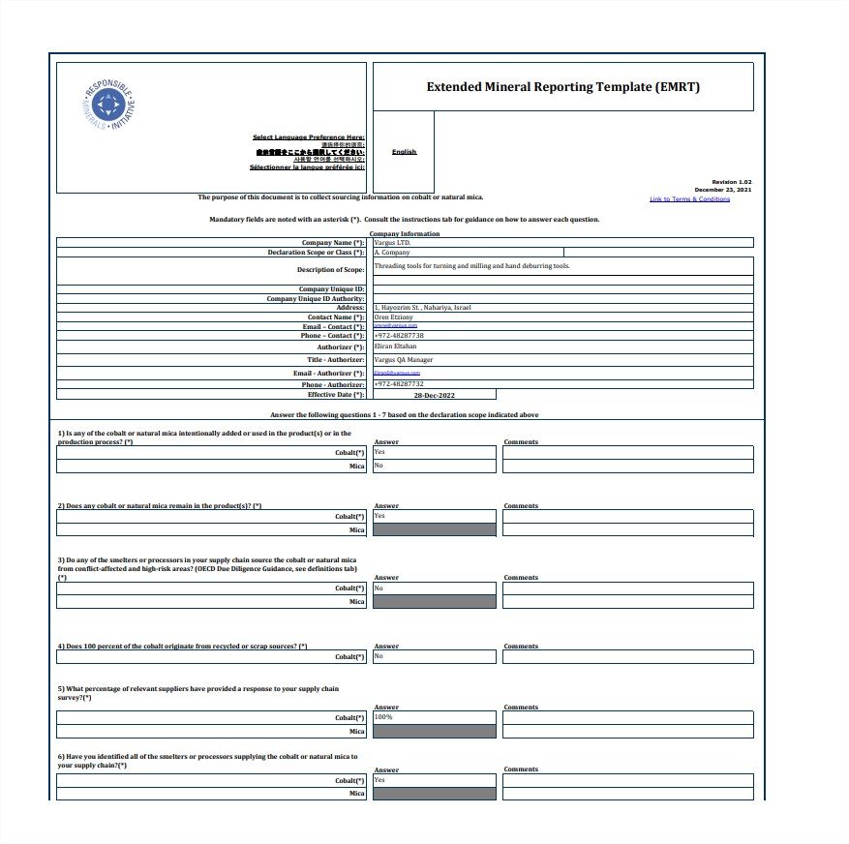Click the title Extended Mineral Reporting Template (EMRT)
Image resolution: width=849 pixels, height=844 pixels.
(562, 87)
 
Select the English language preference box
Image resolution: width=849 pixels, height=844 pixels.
(404, 152)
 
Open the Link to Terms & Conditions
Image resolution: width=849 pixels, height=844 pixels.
(689, 199)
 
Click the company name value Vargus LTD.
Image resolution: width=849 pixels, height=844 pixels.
(392, 242)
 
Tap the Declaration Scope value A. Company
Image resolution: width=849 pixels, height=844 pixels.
(392, 252)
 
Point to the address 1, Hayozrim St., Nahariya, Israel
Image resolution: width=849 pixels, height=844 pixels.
(422, 307)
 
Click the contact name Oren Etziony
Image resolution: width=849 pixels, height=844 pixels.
(393, 316)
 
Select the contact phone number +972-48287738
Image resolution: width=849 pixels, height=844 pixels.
(399, 335)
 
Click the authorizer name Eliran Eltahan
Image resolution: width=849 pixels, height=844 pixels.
(395, 346)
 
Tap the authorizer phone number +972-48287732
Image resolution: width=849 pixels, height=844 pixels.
(399, 383)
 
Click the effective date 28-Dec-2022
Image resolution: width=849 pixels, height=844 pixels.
(434, 395)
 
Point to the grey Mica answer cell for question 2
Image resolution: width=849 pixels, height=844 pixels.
(434, 529)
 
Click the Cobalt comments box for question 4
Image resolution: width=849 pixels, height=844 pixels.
(627, 656)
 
